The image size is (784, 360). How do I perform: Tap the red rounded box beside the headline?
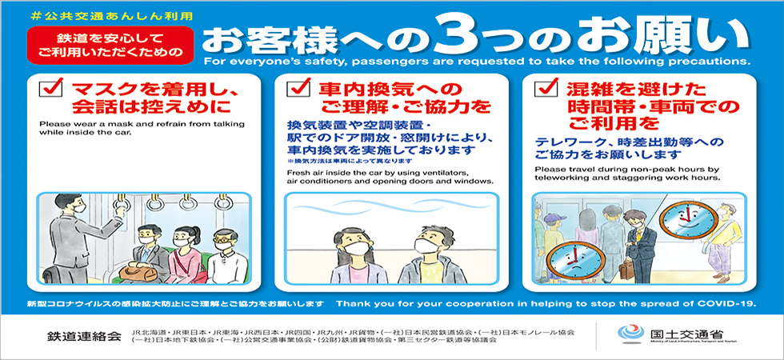point(110,45)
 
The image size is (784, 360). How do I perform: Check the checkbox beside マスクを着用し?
point(53,89)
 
